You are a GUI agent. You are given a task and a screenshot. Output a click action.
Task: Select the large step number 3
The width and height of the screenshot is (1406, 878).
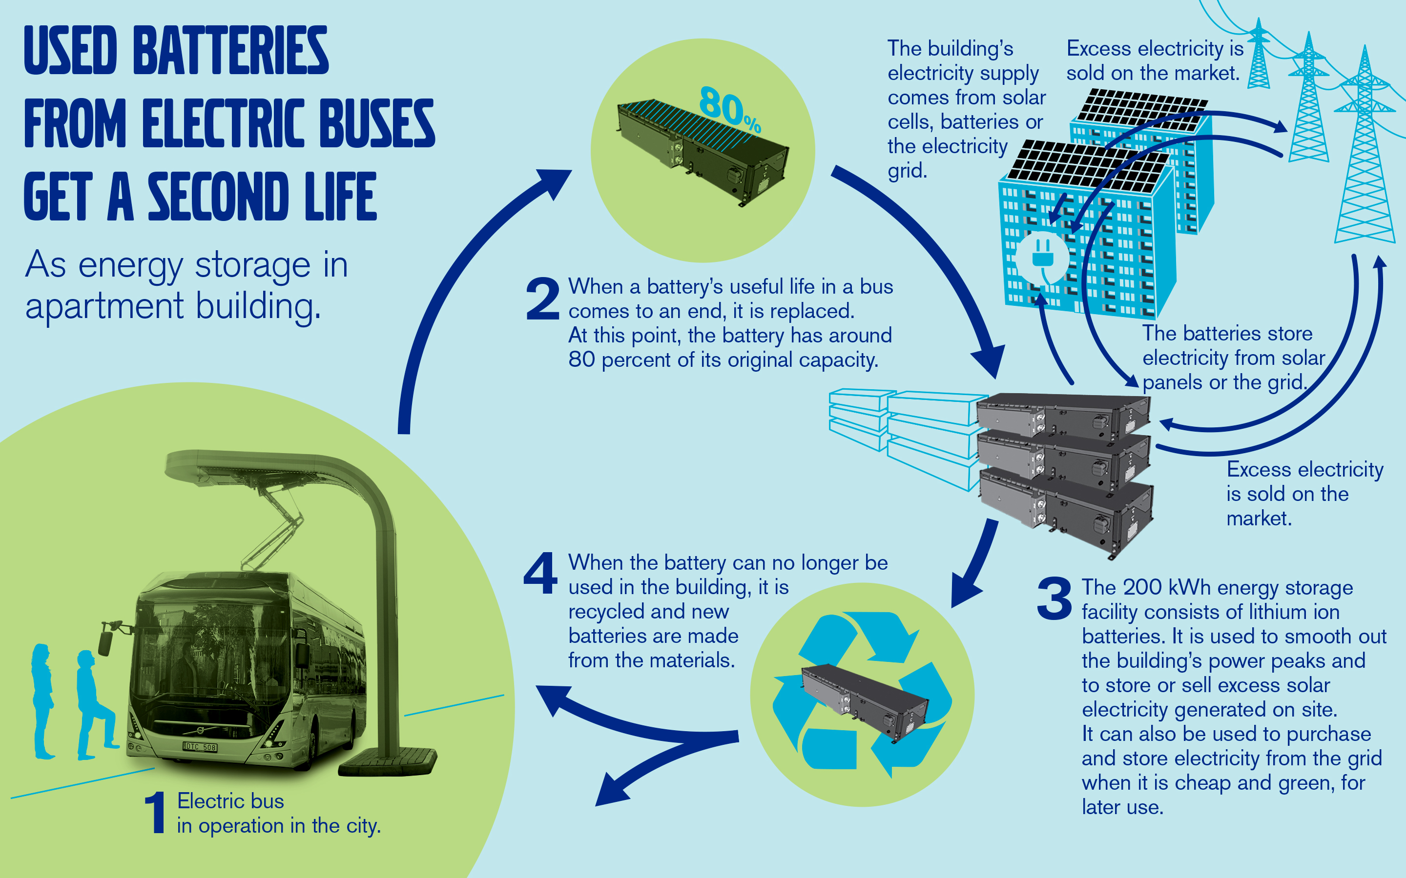tap(1054, 599)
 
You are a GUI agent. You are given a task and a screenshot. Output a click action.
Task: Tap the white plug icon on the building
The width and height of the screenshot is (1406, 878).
tap(1042, 259)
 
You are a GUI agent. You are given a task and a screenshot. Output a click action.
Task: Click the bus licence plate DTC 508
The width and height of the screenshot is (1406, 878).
tap(201, 747)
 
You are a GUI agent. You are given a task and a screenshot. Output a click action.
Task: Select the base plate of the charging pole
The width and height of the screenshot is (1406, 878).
tap(388, 762)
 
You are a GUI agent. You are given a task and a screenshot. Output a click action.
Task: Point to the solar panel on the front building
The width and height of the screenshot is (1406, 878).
tap(1086, 165)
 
